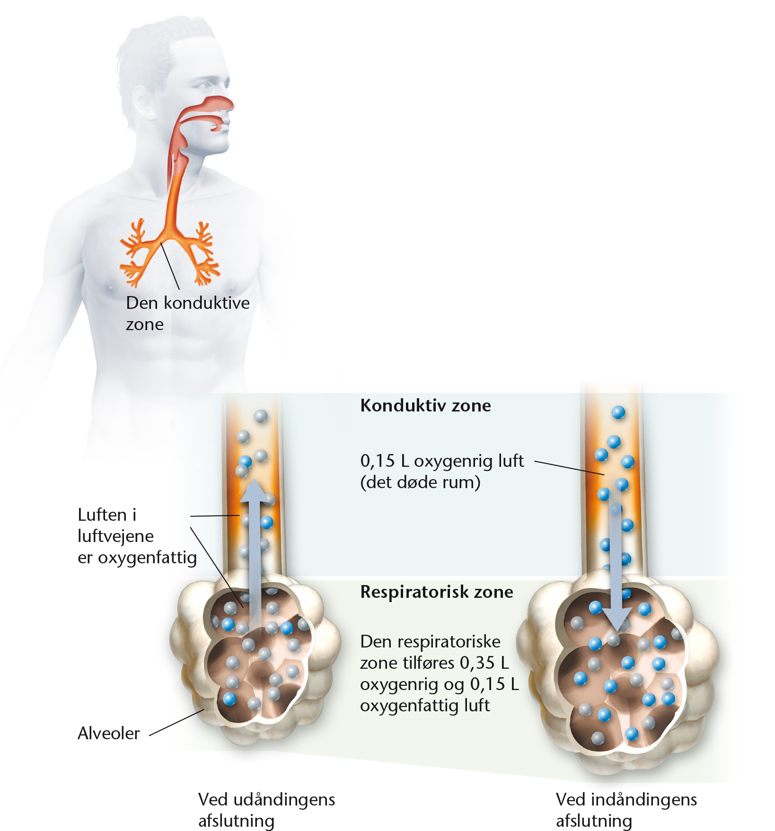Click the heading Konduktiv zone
pyautogui.click(x=425, y=405)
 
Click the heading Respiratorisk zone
pyautogui.click(x=437, y=592)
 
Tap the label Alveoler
pyautogui.click(x=108, y=733)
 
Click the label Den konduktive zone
pyautogui.click(x=187, y=313)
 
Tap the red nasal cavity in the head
pyautogui.click(x=208, y=107)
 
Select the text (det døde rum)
pyautogui.click(x=420, y=482)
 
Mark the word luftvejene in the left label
pyautogui.click(x=115, y=536)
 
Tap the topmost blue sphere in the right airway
pyautogui.click(x=618, y=412)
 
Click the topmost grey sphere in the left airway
pyautogui.click(x=261, y=416)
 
